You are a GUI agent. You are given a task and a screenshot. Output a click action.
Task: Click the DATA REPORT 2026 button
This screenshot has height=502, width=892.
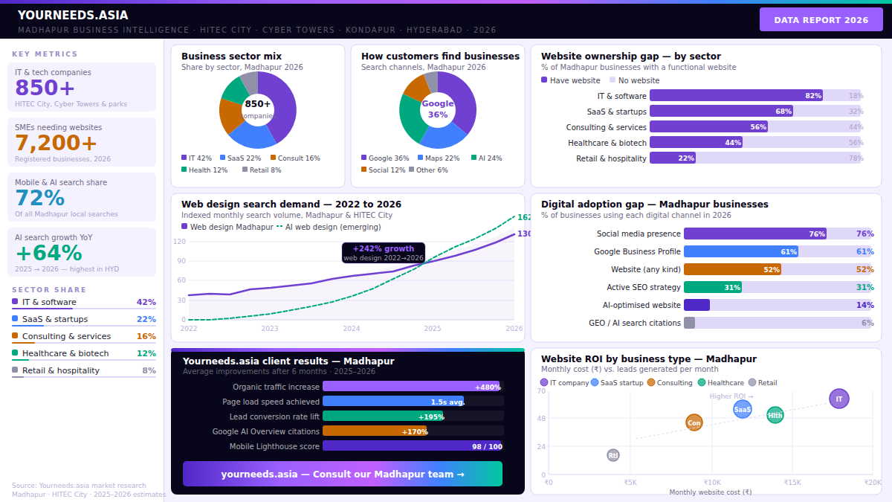(x=821, y=20)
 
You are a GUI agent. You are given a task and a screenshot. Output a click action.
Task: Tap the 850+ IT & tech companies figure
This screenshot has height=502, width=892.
(x=45, y=89)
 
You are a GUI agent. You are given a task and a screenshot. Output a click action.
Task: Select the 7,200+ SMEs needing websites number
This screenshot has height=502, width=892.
(x=56, y=144)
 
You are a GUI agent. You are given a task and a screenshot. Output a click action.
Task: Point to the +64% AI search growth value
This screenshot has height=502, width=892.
(x=48, y=254)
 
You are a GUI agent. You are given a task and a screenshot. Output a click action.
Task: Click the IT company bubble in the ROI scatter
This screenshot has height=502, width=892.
(x=838, y=399)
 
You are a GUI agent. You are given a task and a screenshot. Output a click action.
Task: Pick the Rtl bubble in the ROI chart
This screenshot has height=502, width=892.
(x=613, y=455)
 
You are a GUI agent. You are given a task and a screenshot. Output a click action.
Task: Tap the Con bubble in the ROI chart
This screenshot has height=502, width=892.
(x=694, y=422)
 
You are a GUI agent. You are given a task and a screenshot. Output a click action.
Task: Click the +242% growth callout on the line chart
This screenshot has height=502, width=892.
(x=383, y=253)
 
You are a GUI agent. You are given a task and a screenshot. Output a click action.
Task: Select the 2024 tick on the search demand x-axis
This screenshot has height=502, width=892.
(x=351, y=328)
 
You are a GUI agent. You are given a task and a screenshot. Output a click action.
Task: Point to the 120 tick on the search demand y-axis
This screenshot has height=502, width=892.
(x=180, y=242)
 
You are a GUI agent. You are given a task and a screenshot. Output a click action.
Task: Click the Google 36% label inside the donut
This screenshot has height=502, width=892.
(x=437, y=109)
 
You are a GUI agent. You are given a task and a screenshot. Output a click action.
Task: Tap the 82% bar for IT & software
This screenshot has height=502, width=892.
(x=736, y=96)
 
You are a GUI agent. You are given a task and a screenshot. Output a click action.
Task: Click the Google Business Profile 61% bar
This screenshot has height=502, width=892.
(x=740, y=252)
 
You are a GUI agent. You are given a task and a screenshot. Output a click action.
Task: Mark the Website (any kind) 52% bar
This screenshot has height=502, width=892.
(x=732, y=270)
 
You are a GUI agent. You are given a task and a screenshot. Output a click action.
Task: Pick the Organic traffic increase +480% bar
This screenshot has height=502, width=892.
(x=411, y=387)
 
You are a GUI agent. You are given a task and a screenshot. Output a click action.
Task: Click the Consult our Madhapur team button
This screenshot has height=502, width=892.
(x=343, y=474)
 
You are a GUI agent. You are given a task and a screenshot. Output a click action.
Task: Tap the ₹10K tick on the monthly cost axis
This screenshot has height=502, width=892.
(x=711, y=483)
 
